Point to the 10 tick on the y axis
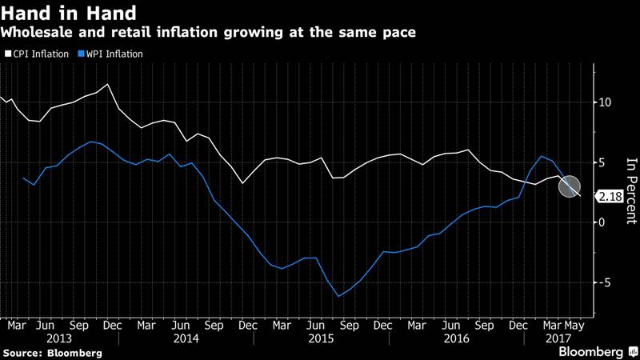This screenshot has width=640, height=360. pyautogui.click(x=606, y=102)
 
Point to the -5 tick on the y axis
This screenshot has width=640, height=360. pyautogui.click(x=606, y=282)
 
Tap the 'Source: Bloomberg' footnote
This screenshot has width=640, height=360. pyautogui.click(x=52, y=352)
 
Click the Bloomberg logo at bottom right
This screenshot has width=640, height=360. pyautogui.click(x=591, y=351)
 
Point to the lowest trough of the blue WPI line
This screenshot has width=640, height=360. pyautogui.click(x=338, y=296)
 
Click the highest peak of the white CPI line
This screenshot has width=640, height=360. pyautogui.click(x=108, y=84)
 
